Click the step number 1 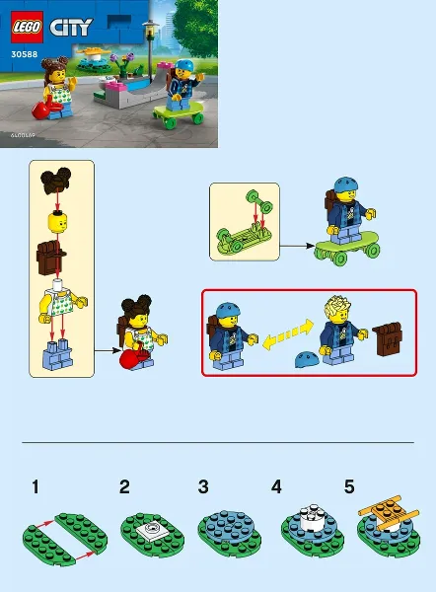(x=36, y=486)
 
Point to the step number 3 (x=202, y=486)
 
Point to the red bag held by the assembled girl (x=130, y=361)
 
